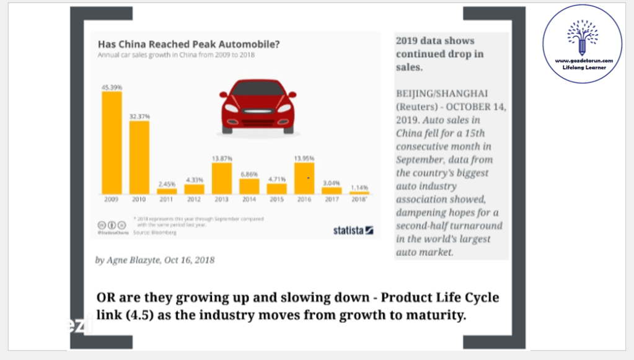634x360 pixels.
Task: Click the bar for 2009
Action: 112,143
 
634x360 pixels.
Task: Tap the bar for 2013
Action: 222,178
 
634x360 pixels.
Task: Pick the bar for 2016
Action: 304,178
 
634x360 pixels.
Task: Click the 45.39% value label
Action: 112,87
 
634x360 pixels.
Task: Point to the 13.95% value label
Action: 304,159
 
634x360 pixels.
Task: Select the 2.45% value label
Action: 167,184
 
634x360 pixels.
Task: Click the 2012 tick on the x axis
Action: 194,200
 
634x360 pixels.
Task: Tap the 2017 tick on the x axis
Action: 332,200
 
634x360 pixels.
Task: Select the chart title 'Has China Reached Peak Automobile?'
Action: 189,45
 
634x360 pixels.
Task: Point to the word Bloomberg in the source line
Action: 164,232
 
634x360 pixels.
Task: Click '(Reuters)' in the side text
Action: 417,106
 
